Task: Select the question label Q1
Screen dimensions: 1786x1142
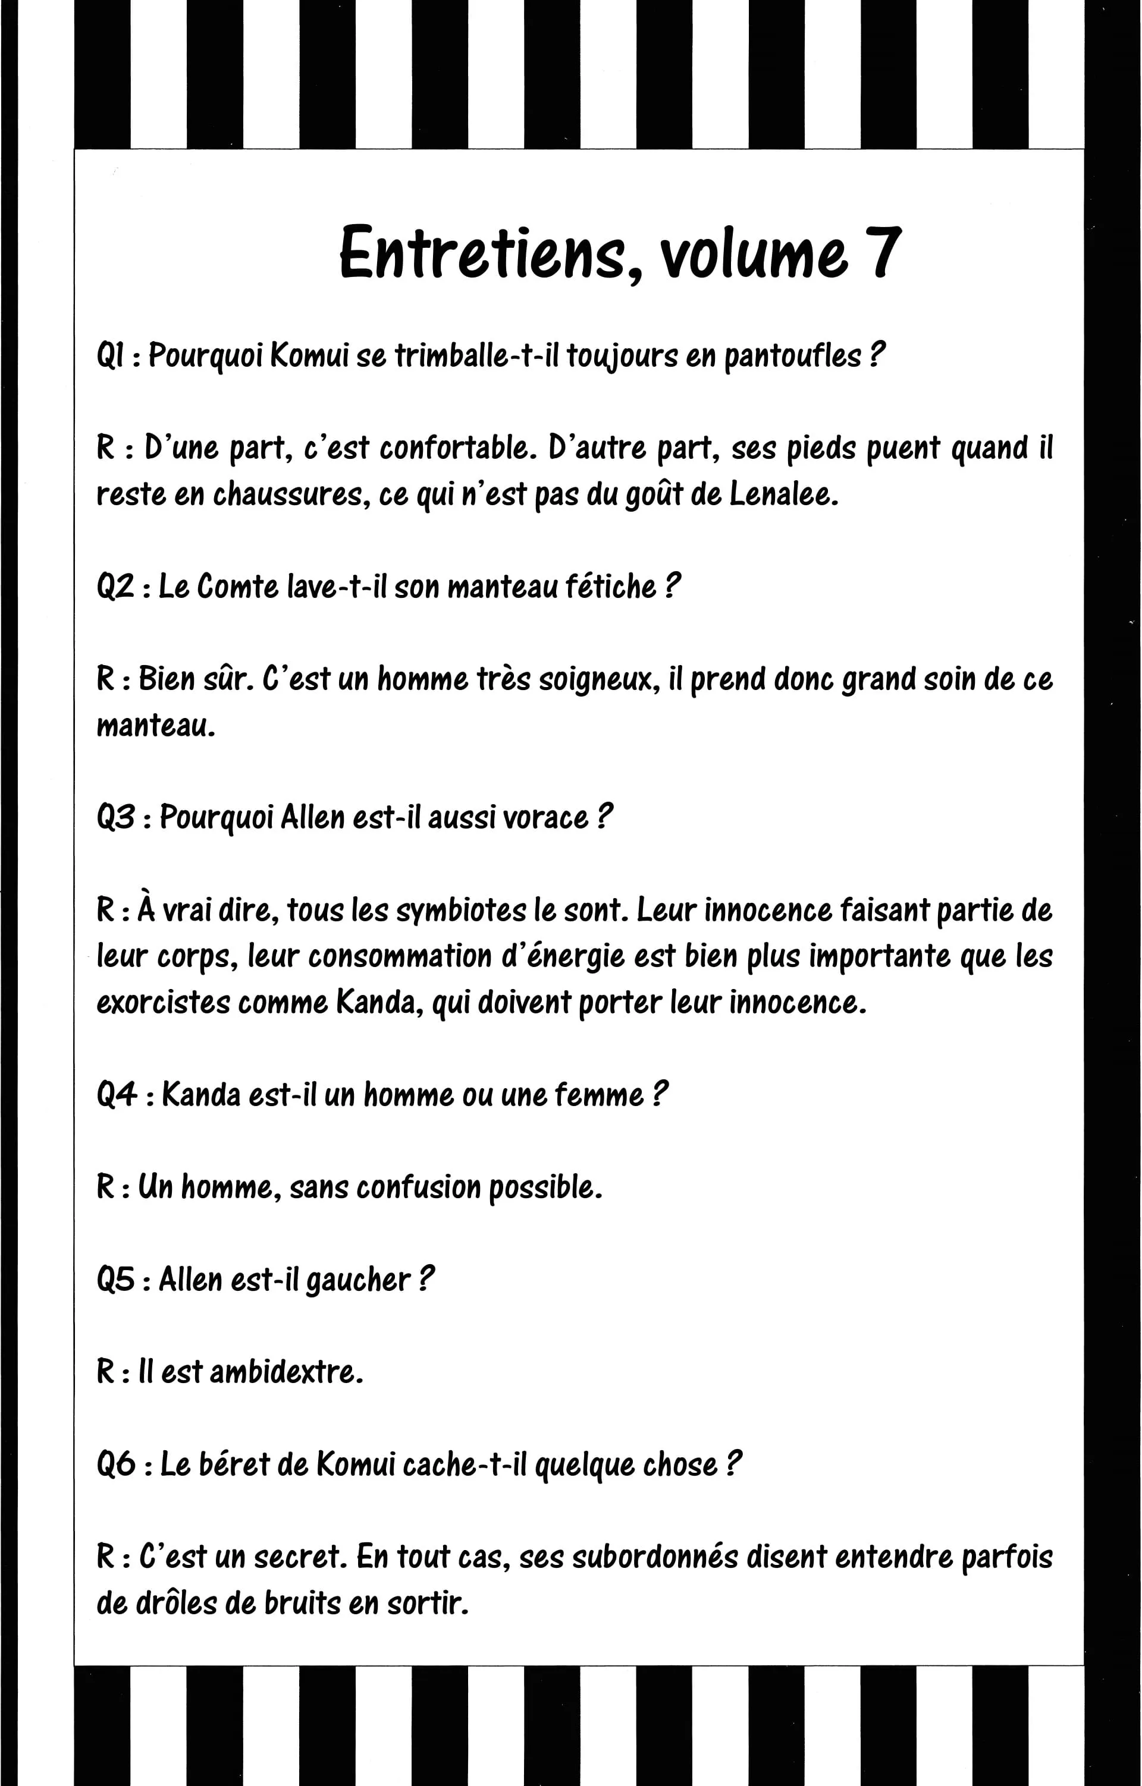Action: [111, 356]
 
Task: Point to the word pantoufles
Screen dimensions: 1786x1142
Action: [792, 356]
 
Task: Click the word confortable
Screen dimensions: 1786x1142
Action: [458, 448]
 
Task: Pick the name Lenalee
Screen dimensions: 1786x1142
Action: [783, 494]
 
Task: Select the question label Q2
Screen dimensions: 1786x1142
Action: [115, 587]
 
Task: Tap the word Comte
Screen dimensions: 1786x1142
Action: [237, 587]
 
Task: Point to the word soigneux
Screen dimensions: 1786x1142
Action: [599, 679]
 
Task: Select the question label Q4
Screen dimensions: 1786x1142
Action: [117, 1095]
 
